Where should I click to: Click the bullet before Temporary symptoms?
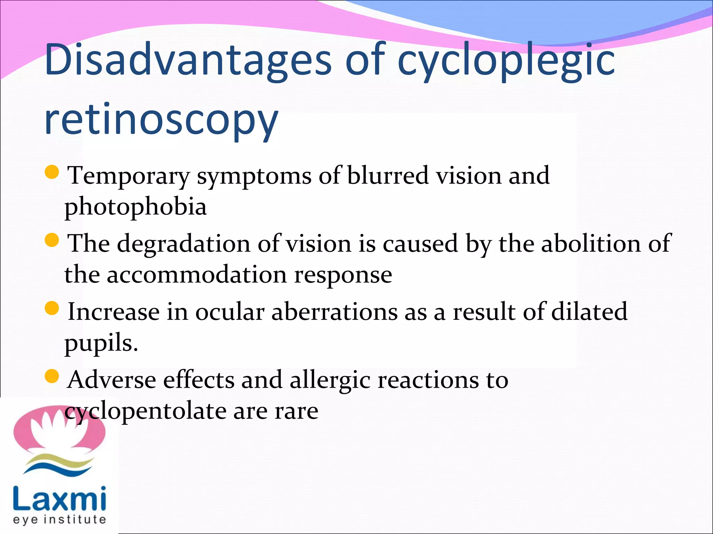point(52,172)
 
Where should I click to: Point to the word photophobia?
point(135,207)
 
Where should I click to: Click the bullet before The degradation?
point(52,240)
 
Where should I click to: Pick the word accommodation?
point(196,275)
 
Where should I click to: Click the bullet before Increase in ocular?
point(52,308)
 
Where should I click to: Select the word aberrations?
point(334,311)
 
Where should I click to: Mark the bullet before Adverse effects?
point(52,376)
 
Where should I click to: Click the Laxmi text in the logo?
point(59,499)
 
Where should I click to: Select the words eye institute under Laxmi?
point(59,520)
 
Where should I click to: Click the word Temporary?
point(129,176)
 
